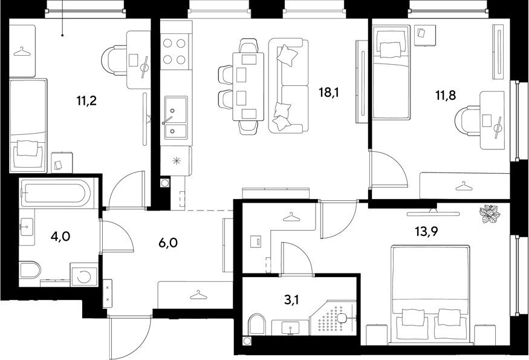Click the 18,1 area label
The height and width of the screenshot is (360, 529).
(329, 92)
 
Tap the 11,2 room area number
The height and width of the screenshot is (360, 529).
(86, 100)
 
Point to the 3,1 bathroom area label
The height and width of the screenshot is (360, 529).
(291, 299)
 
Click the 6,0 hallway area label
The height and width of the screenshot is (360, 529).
(167, 243)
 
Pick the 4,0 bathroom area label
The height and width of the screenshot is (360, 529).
(60, 237)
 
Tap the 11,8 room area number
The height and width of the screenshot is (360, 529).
(446, 96)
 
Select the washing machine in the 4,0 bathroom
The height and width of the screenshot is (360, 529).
(84, 275)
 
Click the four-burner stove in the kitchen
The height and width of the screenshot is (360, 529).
(174, 51)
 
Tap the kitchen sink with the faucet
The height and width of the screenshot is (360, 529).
(175, 117)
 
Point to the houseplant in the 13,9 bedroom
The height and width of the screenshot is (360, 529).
(489, 214)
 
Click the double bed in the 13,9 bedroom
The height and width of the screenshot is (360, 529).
(430, 295)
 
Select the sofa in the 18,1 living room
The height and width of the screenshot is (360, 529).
(288, 85)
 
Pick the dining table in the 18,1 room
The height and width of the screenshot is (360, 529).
(248, 87)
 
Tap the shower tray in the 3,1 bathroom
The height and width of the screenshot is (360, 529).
(333, 318)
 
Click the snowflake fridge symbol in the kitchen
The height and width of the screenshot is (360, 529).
(177, 161)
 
